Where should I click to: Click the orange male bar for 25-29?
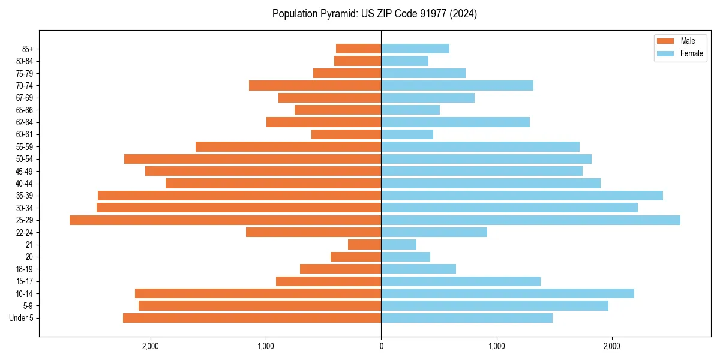(225, 220)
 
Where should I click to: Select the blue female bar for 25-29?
(530, 220)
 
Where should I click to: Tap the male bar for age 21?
(364, 245)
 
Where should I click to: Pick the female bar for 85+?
(415, 49)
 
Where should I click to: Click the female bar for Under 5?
(467, 318)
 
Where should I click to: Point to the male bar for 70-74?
(315, 86)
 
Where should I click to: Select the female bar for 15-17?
(461, 281)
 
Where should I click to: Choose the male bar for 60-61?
(346, 134)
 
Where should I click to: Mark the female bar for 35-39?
(522, 196)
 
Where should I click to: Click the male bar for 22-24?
(313, 232)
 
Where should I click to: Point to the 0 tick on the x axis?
(381, 346)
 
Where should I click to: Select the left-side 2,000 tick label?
(150, 346)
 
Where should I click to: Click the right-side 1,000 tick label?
(496, 346)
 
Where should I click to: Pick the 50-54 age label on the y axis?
(25, 159)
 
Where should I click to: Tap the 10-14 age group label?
(25, 293)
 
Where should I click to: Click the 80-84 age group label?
(25, 61)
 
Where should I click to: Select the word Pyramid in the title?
(338, 14)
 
